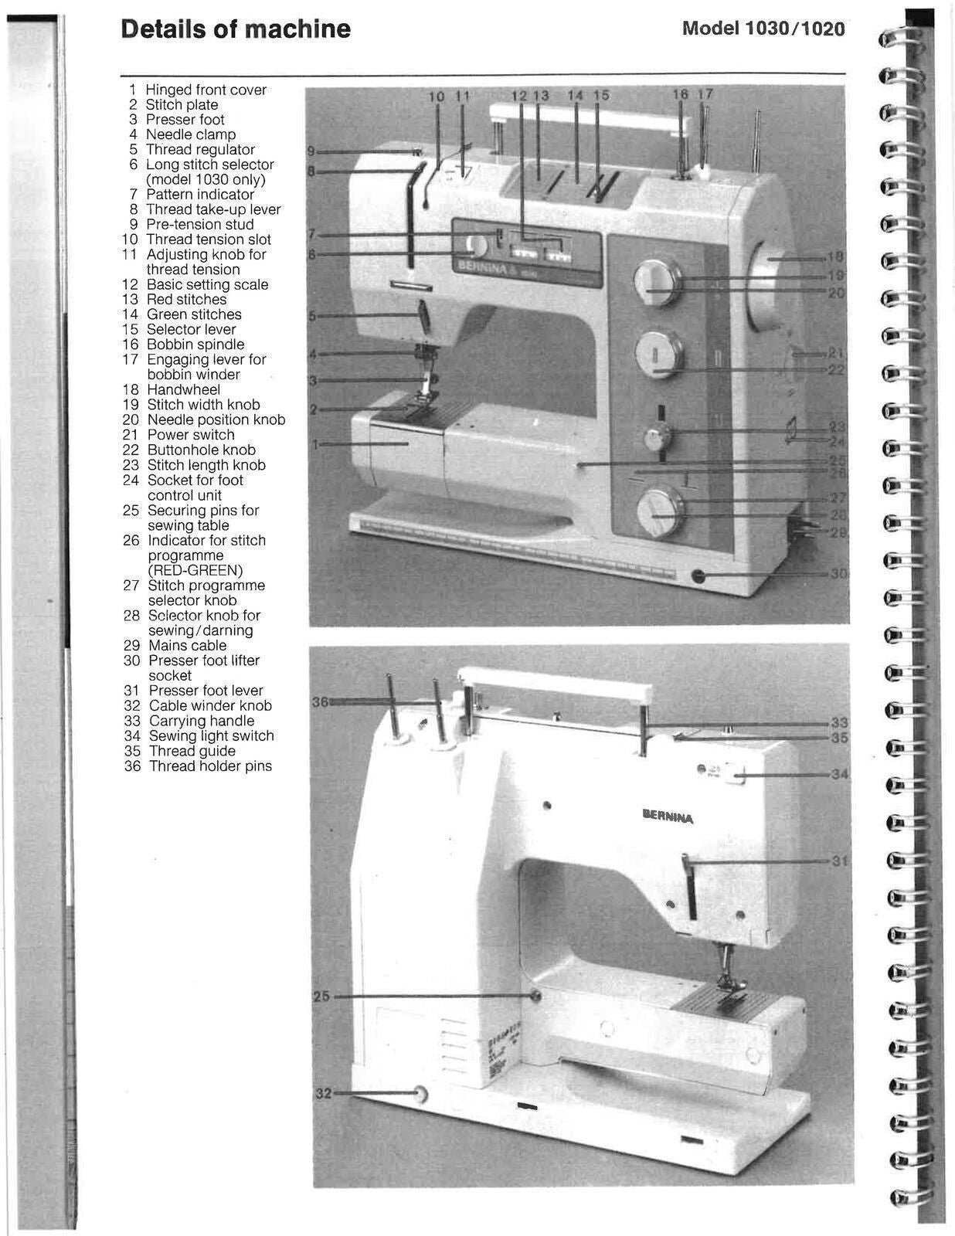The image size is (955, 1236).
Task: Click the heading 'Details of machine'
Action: [x=236, y=29]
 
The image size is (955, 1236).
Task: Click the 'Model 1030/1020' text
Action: [x=763, y=29]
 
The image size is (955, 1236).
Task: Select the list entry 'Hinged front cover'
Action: [x=206, y=90]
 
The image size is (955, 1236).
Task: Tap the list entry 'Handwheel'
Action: [x=183, y=390]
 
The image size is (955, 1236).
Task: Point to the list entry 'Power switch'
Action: [x=191, y=435]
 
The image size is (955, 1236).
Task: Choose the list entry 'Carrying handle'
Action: [x=201, y=721]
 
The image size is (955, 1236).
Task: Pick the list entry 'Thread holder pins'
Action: [x=210, y=766]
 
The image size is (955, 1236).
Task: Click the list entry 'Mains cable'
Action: [x=187, y=646]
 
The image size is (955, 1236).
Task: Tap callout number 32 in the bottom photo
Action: [x=323, y=1093]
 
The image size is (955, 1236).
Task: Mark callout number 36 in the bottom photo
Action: [x=320, y=701]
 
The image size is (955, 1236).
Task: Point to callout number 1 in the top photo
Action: [x=314, y=444]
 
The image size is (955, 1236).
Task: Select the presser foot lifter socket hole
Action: [x=699, y=576]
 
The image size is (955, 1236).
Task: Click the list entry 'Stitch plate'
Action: [x=182, y=105]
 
